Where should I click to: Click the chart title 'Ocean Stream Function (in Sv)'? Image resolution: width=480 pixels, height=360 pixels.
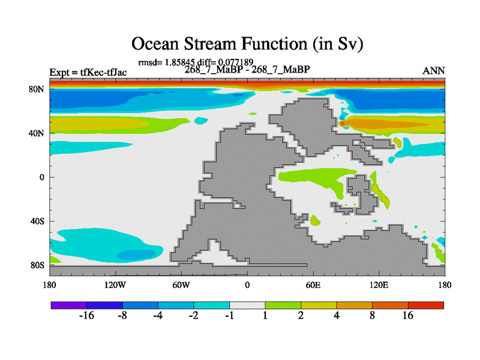point(247,44)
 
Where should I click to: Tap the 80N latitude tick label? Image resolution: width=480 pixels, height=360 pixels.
point(37,89)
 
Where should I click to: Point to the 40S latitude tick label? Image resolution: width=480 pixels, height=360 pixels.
point(37,221)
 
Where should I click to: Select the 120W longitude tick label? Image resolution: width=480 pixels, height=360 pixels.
point(115,286)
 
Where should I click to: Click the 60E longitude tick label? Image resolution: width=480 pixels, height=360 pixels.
point(313,286)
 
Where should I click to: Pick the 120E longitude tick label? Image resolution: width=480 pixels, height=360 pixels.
point(379,286)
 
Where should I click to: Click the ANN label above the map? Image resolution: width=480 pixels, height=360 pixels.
point(434,71)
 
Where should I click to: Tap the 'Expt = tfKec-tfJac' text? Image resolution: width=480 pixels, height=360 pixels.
point(88,72)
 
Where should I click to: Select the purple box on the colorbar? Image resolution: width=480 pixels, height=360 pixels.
point(69,305)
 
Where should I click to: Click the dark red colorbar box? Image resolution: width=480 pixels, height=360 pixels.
point(426,305)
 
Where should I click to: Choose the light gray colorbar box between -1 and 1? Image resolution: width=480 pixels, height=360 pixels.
point(247,305)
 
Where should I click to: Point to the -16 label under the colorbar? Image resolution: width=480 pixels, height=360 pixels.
point(86,316)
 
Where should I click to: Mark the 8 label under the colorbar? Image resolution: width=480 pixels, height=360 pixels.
point(372,316)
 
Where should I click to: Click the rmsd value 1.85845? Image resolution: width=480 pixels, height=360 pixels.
point(179,62)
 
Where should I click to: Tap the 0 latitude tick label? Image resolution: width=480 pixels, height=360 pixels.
point(42,177)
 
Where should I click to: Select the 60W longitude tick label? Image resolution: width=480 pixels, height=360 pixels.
point(181,286)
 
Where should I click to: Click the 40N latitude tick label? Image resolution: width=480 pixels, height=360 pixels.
point(37,133)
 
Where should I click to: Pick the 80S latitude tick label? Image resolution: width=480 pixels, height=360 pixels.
point(37,265)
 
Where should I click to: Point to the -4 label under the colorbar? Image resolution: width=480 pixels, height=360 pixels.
point(158,316)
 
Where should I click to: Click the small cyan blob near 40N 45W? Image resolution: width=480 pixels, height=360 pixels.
point(201,121)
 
